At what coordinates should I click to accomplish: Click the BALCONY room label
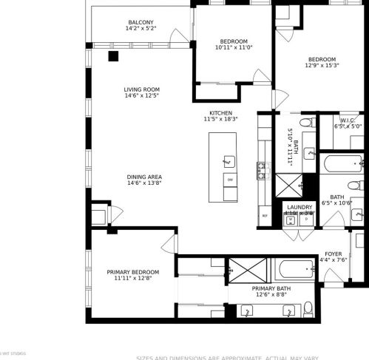click(141, 23)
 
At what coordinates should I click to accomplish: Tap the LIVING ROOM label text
click(141, 89)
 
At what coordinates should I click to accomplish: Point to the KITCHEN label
click(220, 113)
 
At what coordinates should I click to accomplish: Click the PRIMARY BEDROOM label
click(133, 272)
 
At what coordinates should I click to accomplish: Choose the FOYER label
click(334, 254)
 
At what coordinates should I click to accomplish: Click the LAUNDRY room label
click(299, 207)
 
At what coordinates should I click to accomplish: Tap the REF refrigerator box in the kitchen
click(264, 216)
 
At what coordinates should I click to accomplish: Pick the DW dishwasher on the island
click(230, 180)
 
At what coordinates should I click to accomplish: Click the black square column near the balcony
click(113, 55)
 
